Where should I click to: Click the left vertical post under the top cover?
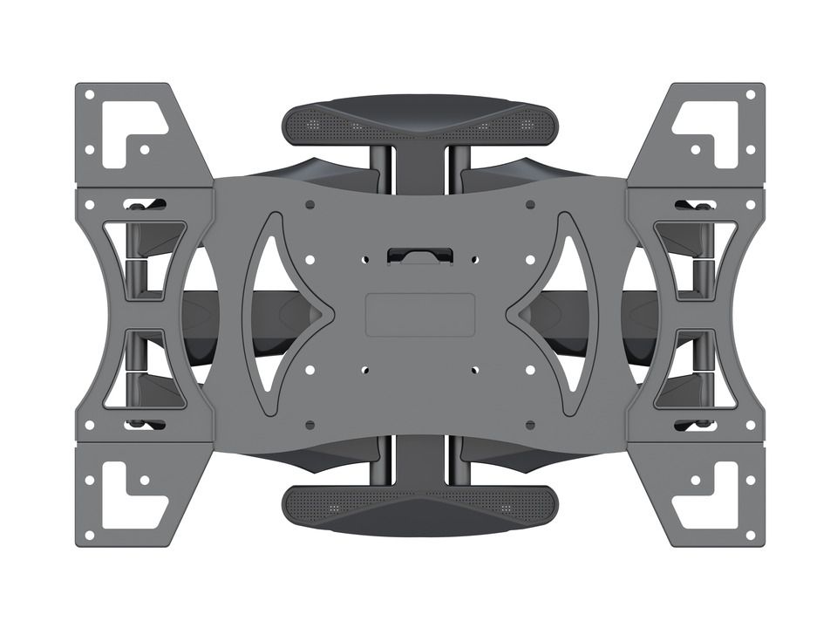[380, 162]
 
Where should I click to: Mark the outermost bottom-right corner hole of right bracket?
[750, 535]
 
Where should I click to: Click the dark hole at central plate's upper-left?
[310, 205]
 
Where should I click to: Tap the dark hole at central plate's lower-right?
[530, 425]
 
